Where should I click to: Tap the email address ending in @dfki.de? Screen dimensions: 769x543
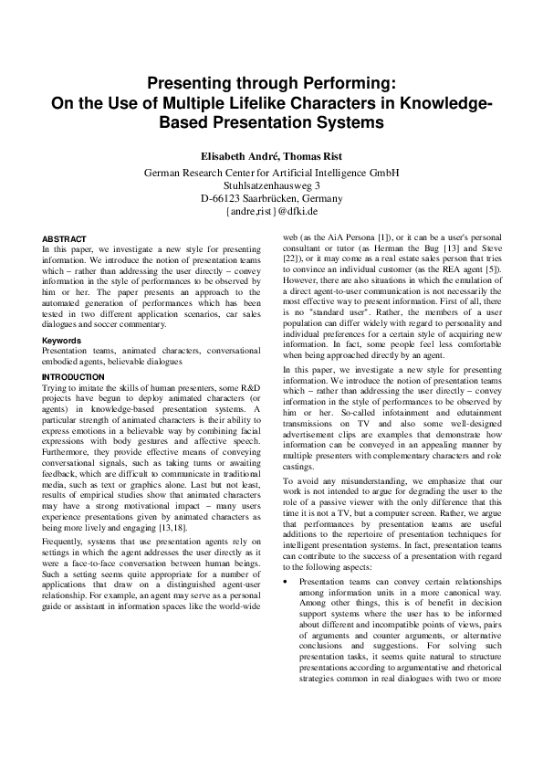271,212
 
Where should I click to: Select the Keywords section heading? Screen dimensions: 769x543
62,341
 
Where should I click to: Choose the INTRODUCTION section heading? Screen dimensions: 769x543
73,376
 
